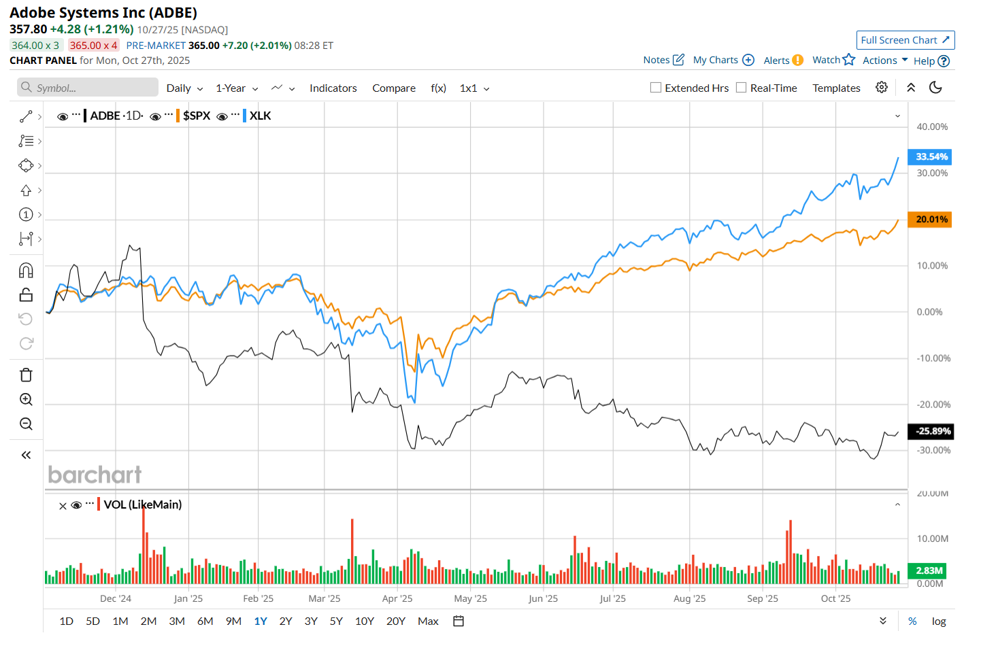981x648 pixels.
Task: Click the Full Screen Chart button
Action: click(905, 40)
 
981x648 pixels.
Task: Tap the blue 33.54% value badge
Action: click(930, 157)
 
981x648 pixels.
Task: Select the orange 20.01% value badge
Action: click(930, 220)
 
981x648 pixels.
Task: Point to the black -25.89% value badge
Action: click(931, 431)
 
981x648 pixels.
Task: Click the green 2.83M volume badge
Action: click(928, 570)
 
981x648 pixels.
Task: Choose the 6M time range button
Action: click(205, 621)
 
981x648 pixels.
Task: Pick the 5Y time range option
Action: click(336, 621)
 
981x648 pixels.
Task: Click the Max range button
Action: click(428, 621)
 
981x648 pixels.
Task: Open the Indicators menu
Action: click(333, 88)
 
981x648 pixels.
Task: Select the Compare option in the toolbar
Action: click(394, 88)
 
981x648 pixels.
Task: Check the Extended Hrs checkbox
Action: click(656, 88)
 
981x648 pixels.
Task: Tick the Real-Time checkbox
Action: click(742, 88)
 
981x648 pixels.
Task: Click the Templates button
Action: click(836, 88)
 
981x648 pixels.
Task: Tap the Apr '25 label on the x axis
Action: click(397, 598)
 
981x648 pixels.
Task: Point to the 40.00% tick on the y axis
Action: click(932, 127)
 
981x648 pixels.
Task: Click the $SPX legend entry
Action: click(197, 116)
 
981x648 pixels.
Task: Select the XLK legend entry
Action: click(260, 116)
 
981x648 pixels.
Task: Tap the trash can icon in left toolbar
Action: click(26, 375)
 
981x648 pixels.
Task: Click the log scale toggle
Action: click(939, 621)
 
